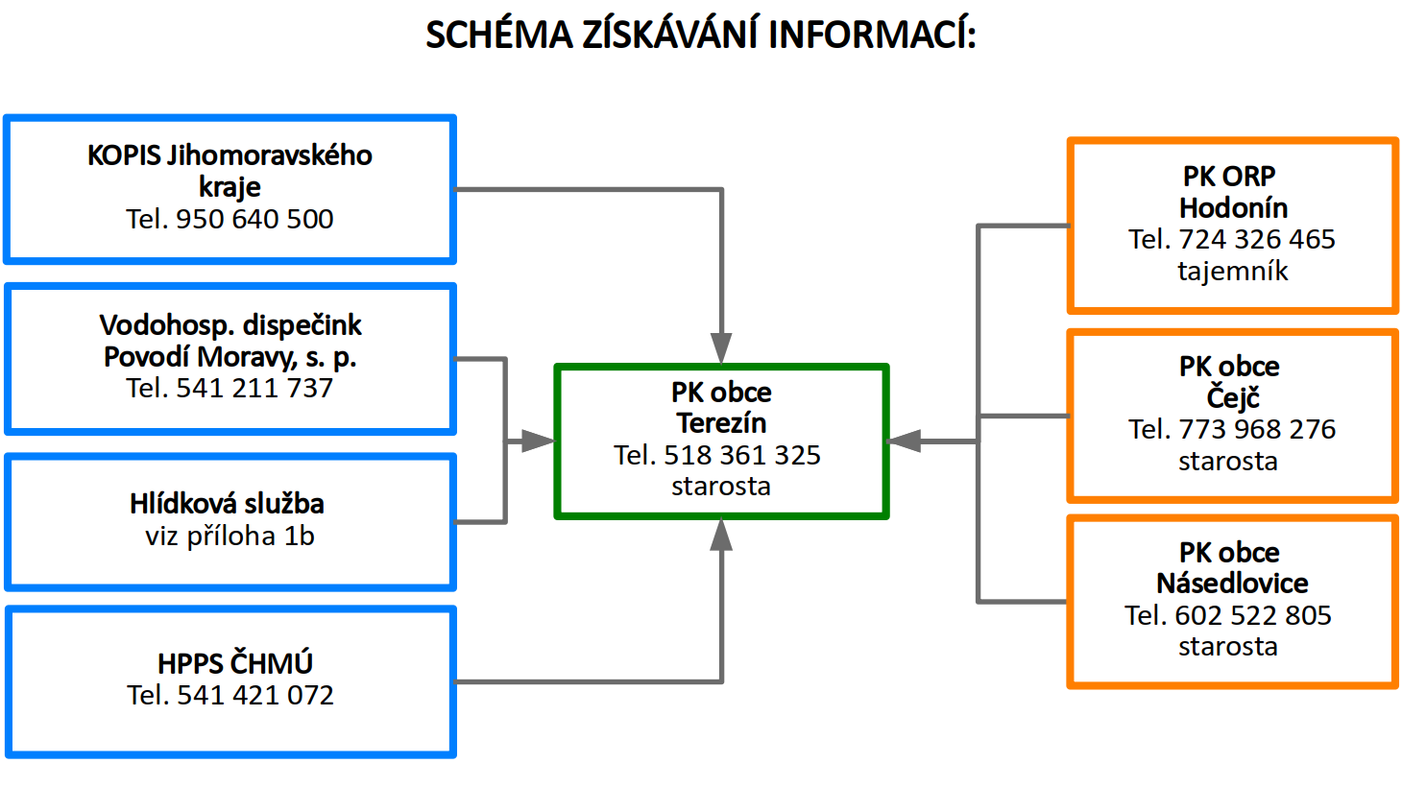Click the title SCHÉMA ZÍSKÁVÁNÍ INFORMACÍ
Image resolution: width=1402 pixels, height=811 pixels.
(701, 36)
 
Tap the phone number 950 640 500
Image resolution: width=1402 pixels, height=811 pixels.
(254, 219)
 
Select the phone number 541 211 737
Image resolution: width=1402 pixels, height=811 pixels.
(254, 388)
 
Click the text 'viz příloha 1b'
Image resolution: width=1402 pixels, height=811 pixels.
(230, 536)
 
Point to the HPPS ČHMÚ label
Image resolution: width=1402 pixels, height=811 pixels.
(235, 663)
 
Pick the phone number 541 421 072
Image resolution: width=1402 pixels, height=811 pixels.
(255, 695)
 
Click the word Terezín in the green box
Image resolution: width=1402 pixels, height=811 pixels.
(721, 423)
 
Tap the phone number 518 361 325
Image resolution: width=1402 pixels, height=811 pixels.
(742, 455)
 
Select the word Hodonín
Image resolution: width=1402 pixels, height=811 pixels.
(1233, 208)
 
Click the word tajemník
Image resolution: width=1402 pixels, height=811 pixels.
(1232, 271)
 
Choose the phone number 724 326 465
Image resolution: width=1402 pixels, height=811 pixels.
(1256, 239)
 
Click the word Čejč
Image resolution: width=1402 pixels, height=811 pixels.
(1233, 397)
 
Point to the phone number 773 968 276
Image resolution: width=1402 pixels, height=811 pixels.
(1256, 429)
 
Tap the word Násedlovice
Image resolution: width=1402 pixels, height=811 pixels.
(1232, 584)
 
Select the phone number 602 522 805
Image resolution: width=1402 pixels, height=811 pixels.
(1253, 615)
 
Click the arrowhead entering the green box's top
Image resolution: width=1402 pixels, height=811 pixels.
(721, 348)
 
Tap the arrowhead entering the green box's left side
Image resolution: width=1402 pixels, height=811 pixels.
(538, 441)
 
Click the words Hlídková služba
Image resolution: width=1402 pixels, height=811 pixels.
(227, 504)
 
